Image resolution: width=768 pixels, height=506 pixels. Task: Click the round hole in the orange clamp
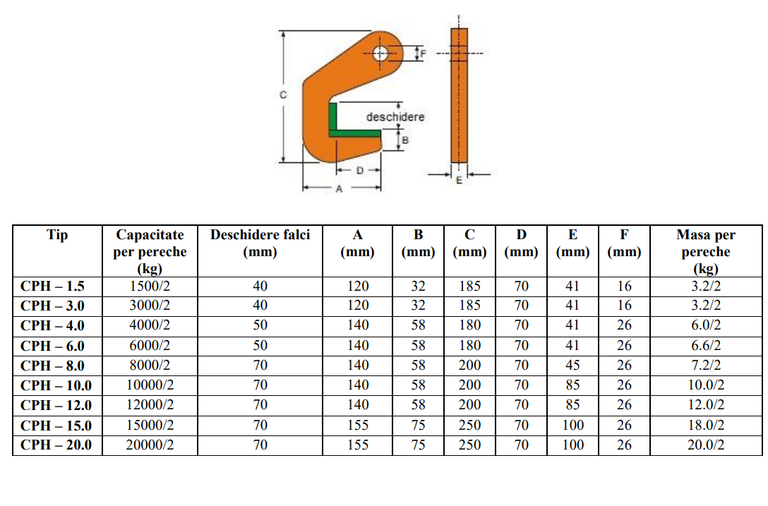point(380,54)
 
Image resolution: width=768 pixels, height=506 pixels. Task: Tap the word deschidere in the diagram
point(395,117)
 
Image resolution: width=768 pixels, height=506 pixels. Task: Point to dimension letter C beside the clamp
point(283,95)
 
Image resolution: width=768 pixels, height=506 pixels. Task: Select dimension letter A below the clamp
point(339,188)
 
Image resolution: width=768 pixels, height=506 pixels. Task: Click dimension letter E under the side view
point(459,180)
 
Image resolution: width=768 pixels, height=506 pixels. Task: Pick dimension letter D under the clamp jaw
point(360,171)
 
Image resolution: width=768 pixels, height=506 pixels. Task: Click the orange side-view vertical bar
point(459,95)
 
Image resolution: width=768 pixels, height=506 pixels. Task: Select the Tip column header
point(57,234)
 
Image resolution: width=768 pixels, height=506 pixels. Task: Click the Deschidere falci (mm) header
point(260,243)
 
